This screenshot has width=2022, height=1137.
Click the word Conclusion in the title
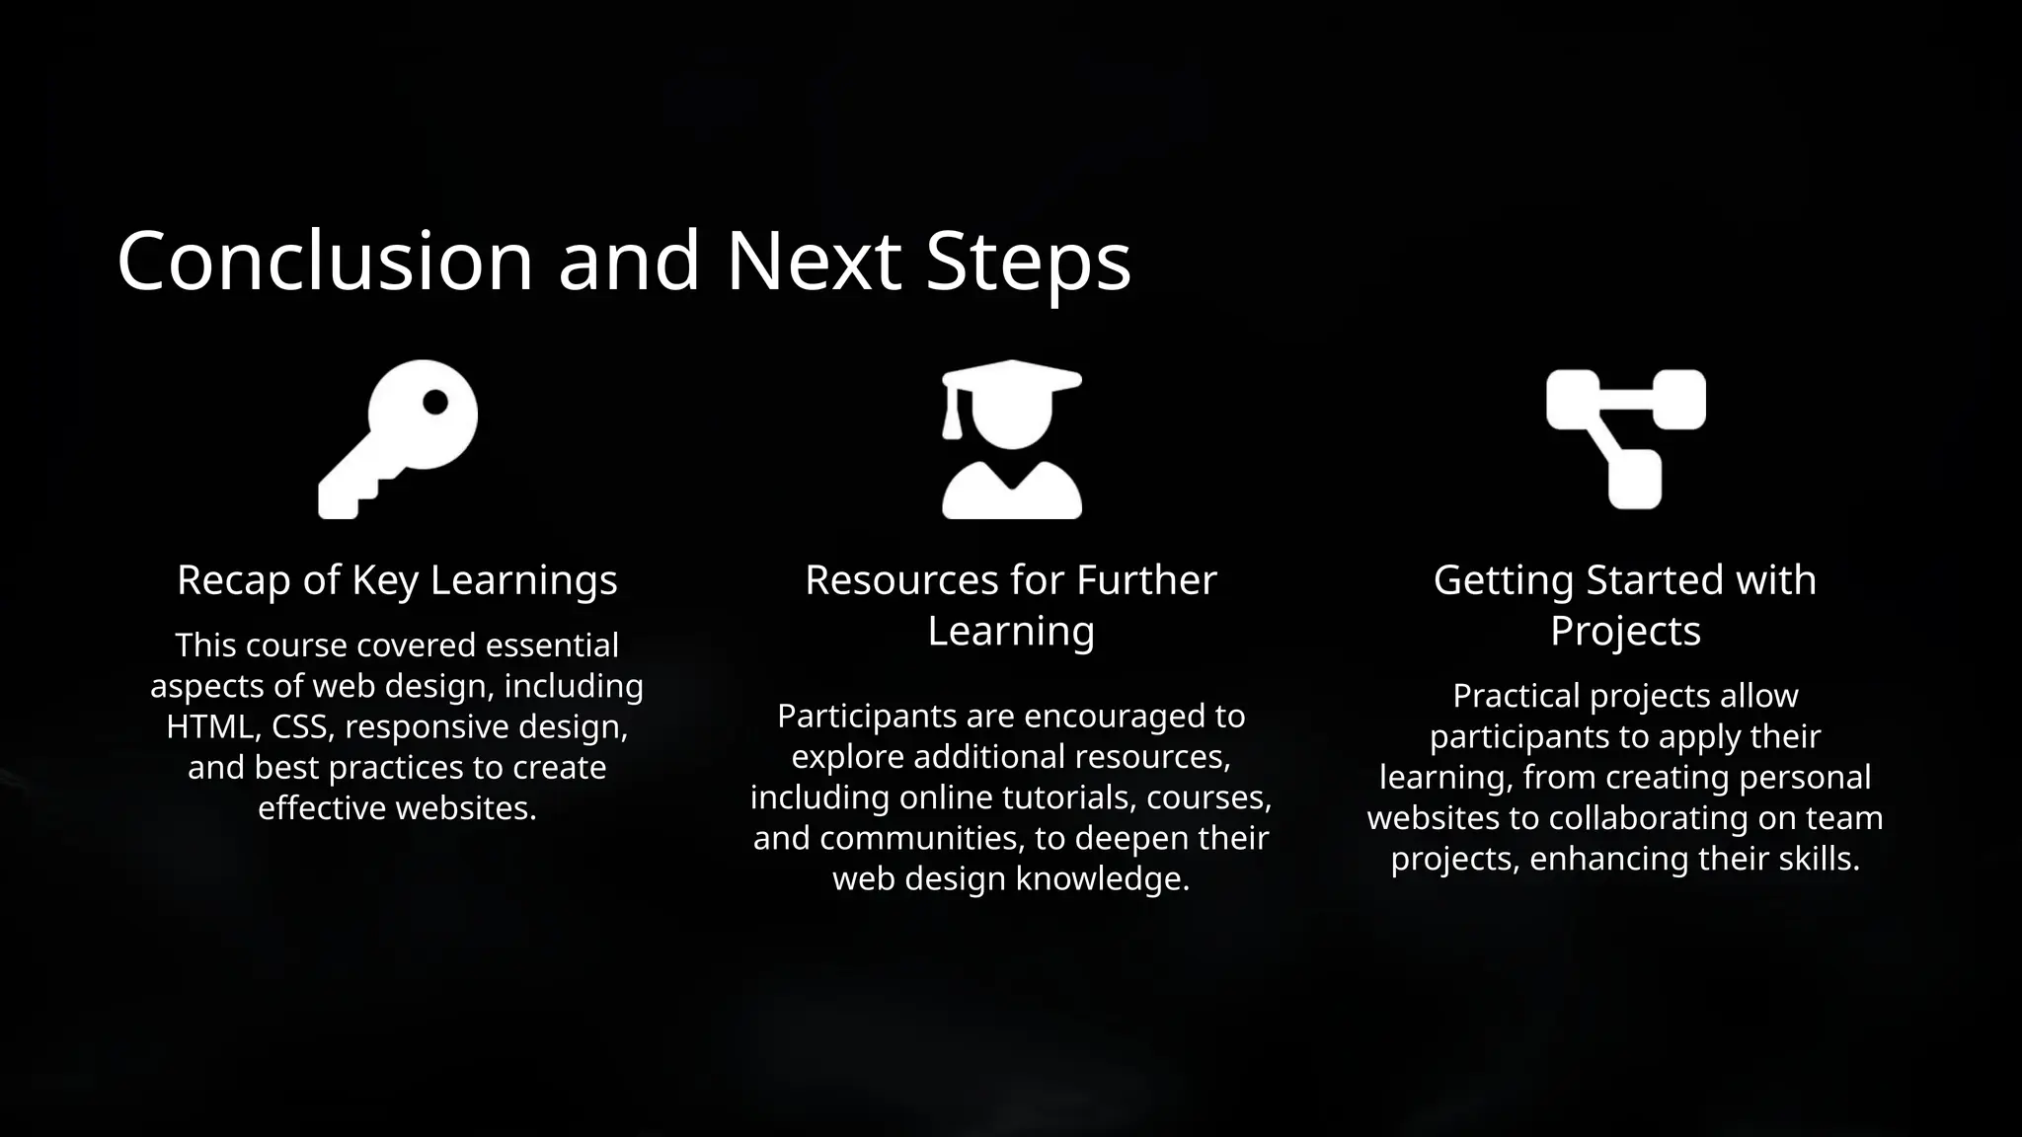click(325, 261)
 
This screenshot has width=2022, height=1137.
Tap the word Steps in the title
click(1028, 263)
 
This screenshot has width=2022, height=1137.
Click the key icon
click(398, 439)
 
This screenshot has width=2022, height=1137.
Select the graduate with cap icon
click(1011, 439)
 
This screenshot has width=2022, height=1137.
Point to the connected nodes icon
click(1625, 439)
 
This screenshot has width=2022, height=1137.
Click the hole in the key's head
click(435, 402)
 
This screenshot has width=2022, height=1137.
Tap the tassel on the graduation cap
click(952, 419)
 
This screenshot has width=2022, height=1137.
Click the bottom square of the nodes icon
click(1635, 480)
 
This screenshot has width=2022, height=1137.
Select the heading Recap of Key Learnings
click(397, 579)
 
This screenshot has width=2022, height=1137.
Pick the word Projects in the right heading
click(1625, 631)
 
